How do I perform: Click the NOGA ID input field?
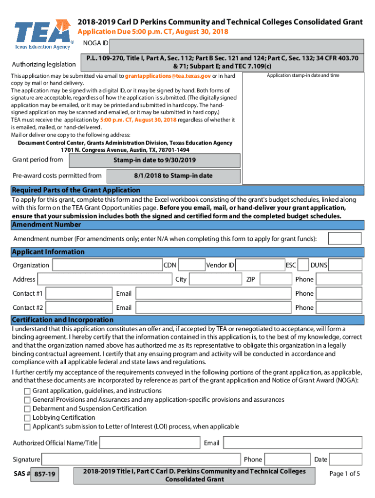point(236,46)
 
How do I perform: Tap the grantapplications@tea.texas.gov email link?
point(168,76)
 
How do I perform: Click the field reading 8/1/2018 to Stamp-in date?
point(173,176)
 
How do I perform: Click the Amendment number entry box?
point(344,239)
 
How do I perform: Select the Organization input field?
point(107,265)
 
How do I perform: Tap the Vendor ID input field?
point(260,265)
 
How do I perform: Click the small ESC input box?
point(302,265)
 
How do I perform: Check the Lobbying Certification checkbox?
point(27,418)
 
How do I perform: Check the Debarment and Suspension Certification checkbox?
point(27,409)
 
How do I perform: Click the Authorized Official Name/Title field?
point(150,443)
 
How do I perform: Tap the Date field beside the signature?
point(345,460)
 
